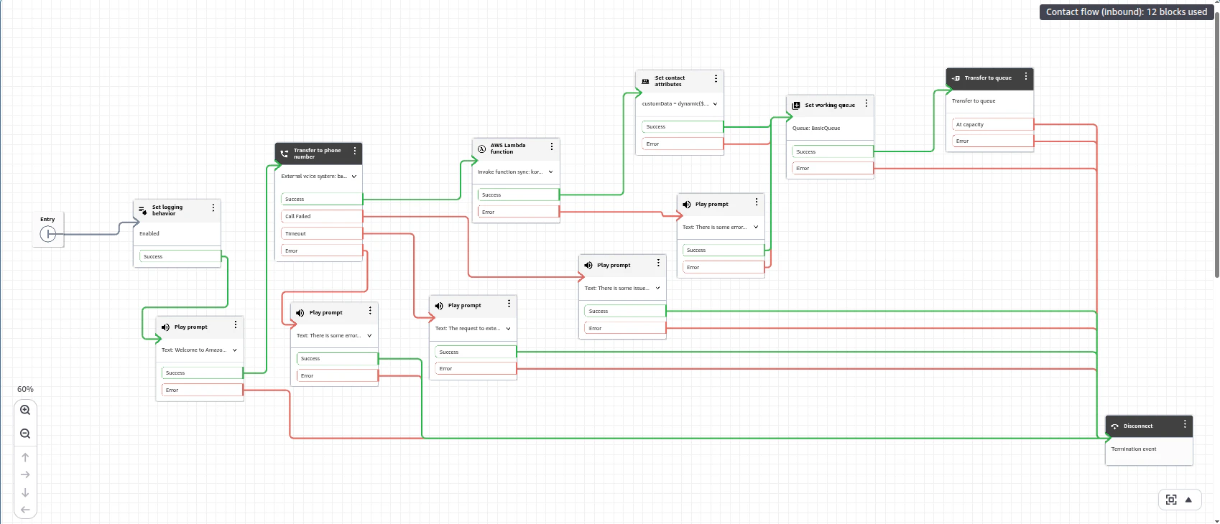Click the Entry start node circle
48,234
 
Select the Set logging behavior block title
167,210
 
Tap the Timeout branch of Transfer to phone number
321,233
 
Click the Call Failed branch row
321,216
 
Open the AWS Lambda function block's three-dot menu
552,146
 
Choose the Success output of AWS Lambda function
518,195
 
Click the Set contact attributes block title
670,81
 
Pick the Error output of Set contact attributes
682,144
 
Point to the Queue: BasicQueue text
816,128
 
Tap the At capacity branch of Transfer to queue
992,124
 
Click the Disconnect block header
1138,426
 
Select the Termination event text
1134,449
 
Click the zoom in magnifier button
25,410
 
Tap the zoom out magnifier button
25,434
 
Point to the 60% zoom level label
25,389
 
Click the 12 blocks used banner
1126,11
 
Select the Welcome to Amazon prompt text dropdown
199,350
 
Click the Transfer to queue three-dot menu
1026,76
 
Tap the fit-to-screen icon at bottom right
1171,500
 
